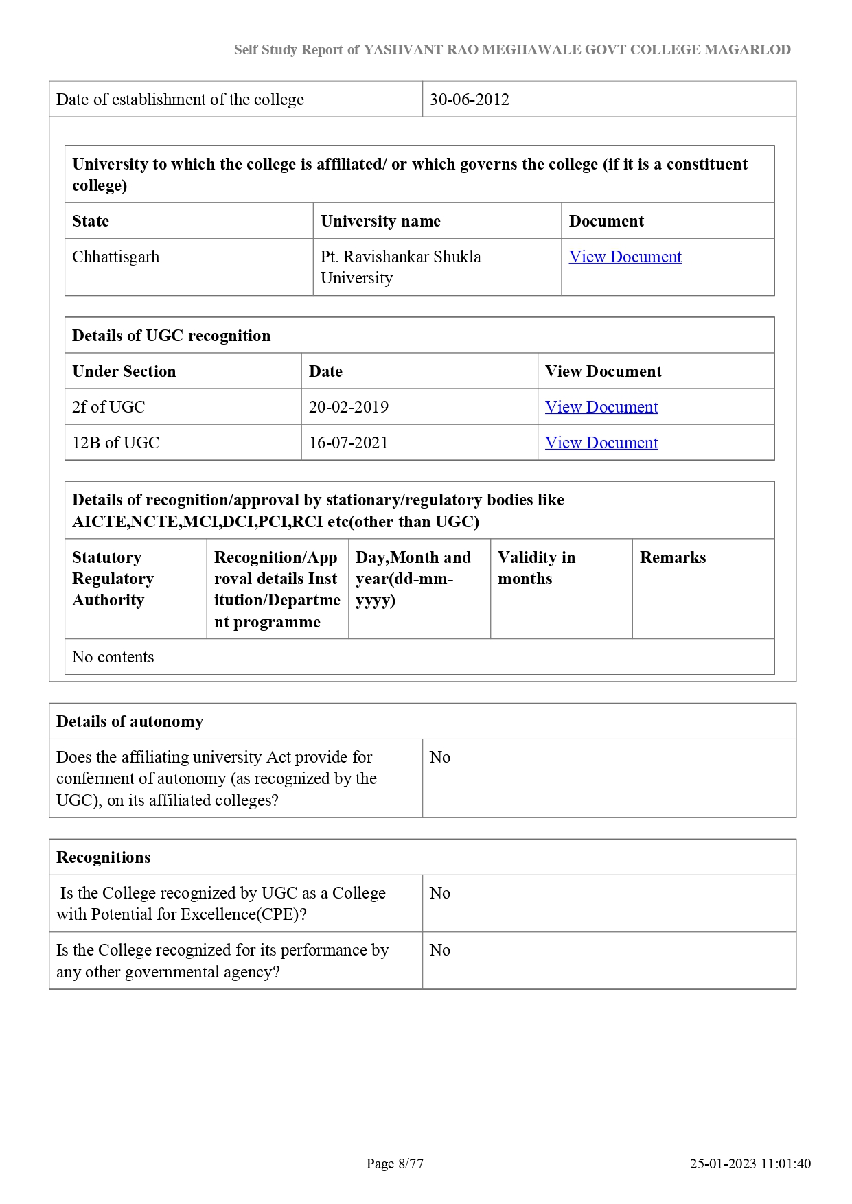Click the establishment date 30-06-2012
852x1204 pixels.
pos(470,100)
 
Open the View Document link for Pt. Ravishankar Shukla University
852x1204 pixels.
pos(625,257)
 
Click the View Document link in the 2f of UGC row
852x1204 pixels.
pos(601,407)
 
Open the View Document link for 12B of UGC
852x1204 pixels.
pos(601,443)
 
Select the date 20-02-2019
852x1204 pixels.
pos(349,407)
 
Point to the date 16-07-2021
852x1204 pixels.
pos(349,443)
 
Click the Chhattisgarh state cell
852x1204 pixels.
pos(116,257)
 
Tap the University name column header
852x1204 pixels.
pos(380,221)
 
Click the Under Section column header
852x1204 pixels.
pos(124,371)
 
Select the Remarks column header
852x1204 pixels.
pos(673,557)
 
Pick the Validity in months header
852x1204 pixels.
pos(536,568)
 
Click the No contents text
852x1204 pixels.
pos(113,657)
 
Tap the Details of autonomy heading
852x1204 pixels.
pos(130,721)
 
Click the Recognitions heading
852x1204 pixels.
pos(104,857)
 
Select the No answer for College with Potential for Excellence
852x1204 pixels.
pos(440,893)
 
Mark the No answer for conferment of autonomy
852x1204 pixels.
pos(440,757)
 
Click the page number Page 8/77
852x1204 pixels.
pos(395,1164)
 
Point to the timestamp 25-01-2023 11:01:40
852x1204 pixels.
pos(750,1164)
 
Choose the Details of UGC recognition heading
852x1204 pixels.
pos(172,336)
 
